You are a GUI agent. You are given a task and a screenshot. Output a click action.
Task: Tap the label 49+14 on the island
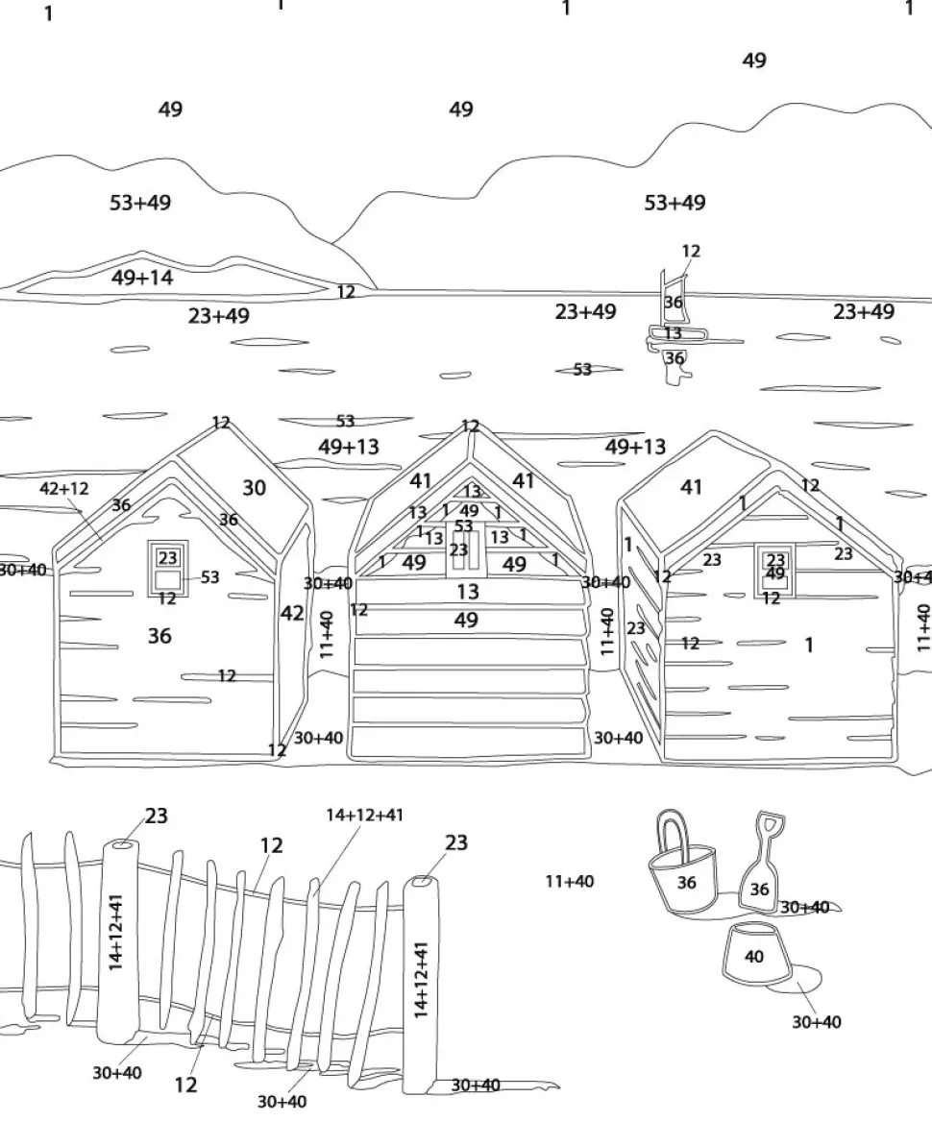142,278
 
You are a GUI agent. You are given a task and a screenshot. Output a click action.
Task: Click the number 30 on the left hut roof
254,488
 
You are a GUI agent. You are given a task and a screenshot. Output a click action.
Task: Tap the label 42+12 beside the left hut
64,488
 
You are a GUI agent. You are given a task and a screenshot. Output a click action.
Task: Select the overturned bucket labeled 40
754,956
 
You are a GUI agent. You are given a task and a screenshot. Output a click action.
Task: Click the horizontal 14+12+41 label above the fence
364,815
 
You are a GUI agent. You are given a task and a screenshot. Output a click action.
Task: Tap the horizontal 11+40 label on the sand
569,881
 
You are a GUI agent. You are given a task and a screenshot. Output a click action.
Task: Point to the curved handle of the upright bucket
673,826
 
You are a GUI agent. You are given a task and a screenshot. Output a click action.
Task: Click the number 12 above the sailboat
691,251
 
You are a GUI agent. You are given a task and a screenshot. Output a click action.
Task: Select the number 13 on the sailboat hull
673,333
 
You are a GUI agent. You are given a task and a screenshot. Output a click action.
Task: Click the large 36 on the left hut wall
159,635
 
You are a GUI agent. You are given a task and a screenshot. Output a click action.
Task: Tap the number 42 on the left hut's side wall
292,613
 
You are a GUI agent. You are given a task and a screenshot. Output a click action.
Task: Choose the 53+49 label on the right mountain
674,203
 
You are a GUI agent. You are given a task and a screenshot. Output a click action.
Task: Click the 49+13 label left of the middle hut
348,447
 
